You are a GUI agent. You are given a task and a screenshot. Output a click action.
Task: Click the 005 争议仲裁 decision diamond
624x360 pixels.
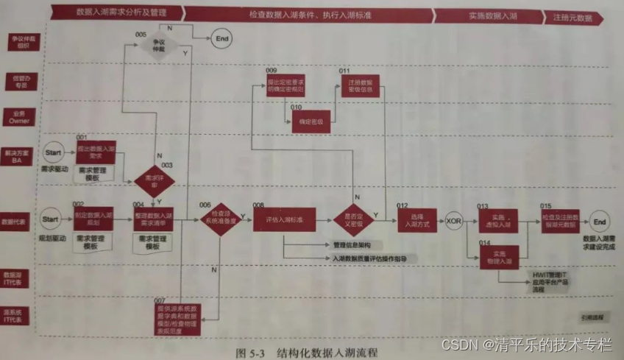coord(156,46)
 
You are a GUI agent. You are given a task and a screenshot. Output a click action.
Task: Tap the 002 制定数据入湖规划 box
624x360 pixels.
coord(93,218)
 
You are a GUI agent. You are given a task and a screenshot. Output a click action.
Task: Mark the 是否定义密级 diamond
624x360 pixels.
coord(355,219)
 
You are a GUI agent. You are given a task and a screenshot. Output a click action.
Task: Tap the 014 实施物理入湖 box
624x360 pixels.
coord(497,255)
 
